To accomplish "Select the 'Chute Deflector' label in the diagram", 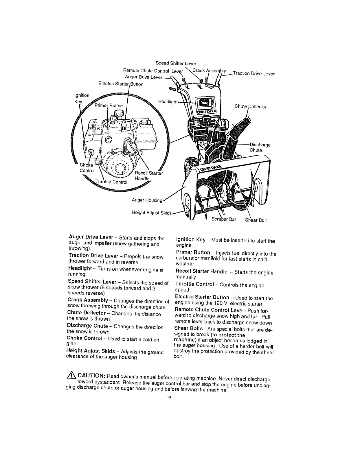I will tap(251, 106).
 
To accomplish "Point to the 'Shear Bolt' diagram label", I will tap(256, 220).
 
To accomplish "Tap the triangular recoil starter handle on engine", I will tap(130, 147).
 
